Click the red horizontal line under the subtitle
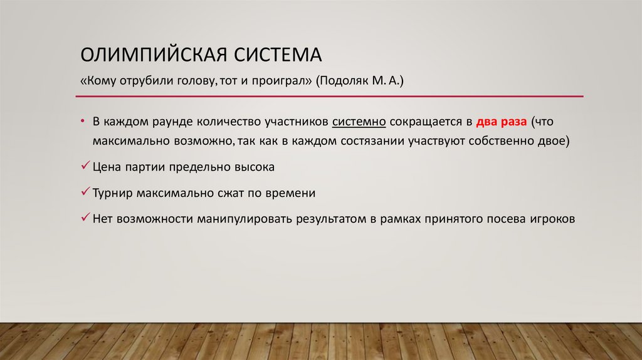click(x=330, y=97)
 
